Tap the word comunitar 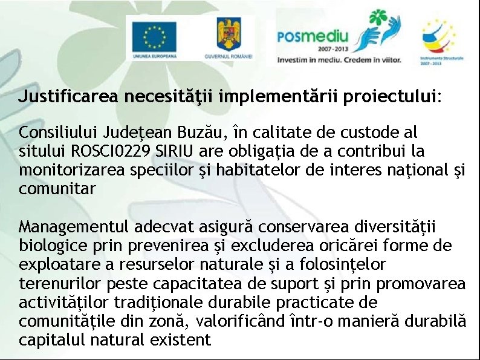[x=57, y=189]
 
